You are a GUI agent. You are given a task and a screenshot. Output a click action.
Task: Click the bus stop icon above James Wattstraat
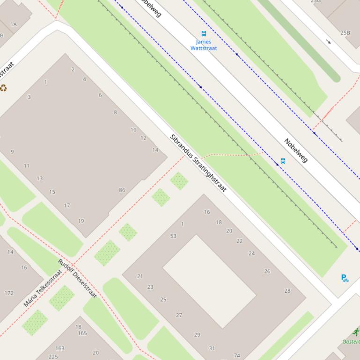pos(204,34)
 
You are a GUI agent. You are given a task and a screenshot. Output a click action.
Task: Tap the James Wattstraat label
pos(204,45)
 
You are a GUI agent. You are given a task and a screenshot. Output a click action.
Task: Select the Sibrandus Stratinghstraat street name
pos(198,163)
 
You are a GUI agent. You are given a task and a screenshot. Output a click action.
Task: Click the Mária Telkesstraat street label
pos(43,288)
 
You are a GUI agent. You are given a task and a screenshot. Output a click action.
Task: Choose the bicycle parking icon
pos(345,278)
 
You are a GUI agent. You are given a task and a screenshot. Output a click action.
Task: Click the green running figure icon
pos(356,332)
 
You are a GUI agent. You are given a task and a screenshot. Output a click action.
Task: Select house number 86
pos(122,190)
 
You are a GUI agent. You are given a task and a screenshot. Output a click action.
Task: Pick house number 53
pos(173,236)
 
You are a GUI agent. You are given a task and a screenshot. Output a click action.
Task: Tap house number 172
pos(9,293)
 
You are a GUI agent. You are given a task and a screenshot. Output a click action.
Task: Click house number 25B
pos(345,33)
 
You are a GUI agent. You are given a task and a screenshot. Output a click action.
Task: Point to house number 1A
pos(13,24)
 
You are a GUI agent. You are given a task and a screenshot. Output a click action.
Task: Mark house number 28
pos(287,290)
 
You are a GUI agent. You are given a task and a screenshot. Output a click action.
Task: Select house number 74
pos(237,355)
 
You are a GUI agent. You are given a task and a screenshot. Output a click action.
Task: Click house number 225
pos(53,357)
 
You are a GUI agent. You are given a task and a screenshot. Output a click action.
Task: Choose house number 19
pos(81,221)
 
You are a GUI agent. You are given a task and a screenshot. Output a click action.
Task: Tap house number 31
pos(212,348)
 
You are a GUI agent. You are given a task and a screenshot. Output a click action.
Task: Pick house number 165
pos(82,333)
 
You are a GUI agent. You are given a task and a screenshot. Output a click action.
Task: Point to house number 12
pos(143,138)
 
